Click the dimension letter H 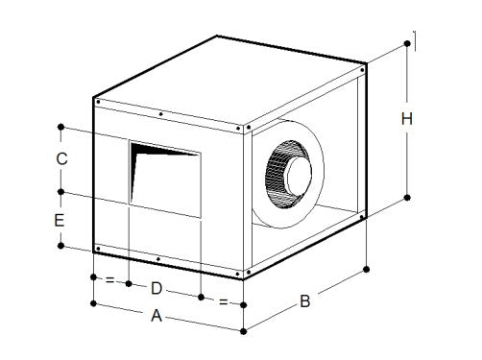tap(407, 120)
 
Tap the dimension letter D tap(157, 288)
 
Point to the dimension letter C tap(60, 159)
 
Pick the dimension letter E tap(60, 220)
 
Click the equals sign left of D tap(109, 281)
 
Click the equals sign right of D tap(224, 302)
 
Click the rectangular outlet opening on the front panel tap(165, 179)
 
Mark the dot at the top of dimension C tap(61, 126)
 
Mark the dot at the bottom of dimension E tap(60, 246)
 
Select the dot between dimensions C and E tap(60, 192)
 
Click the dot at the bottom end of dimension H tap(408, 197)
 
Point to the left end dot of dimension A tap(93, 304)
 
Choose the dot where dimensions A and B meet tap(245, 331)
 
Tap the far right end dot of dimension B tap(366, 268)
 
